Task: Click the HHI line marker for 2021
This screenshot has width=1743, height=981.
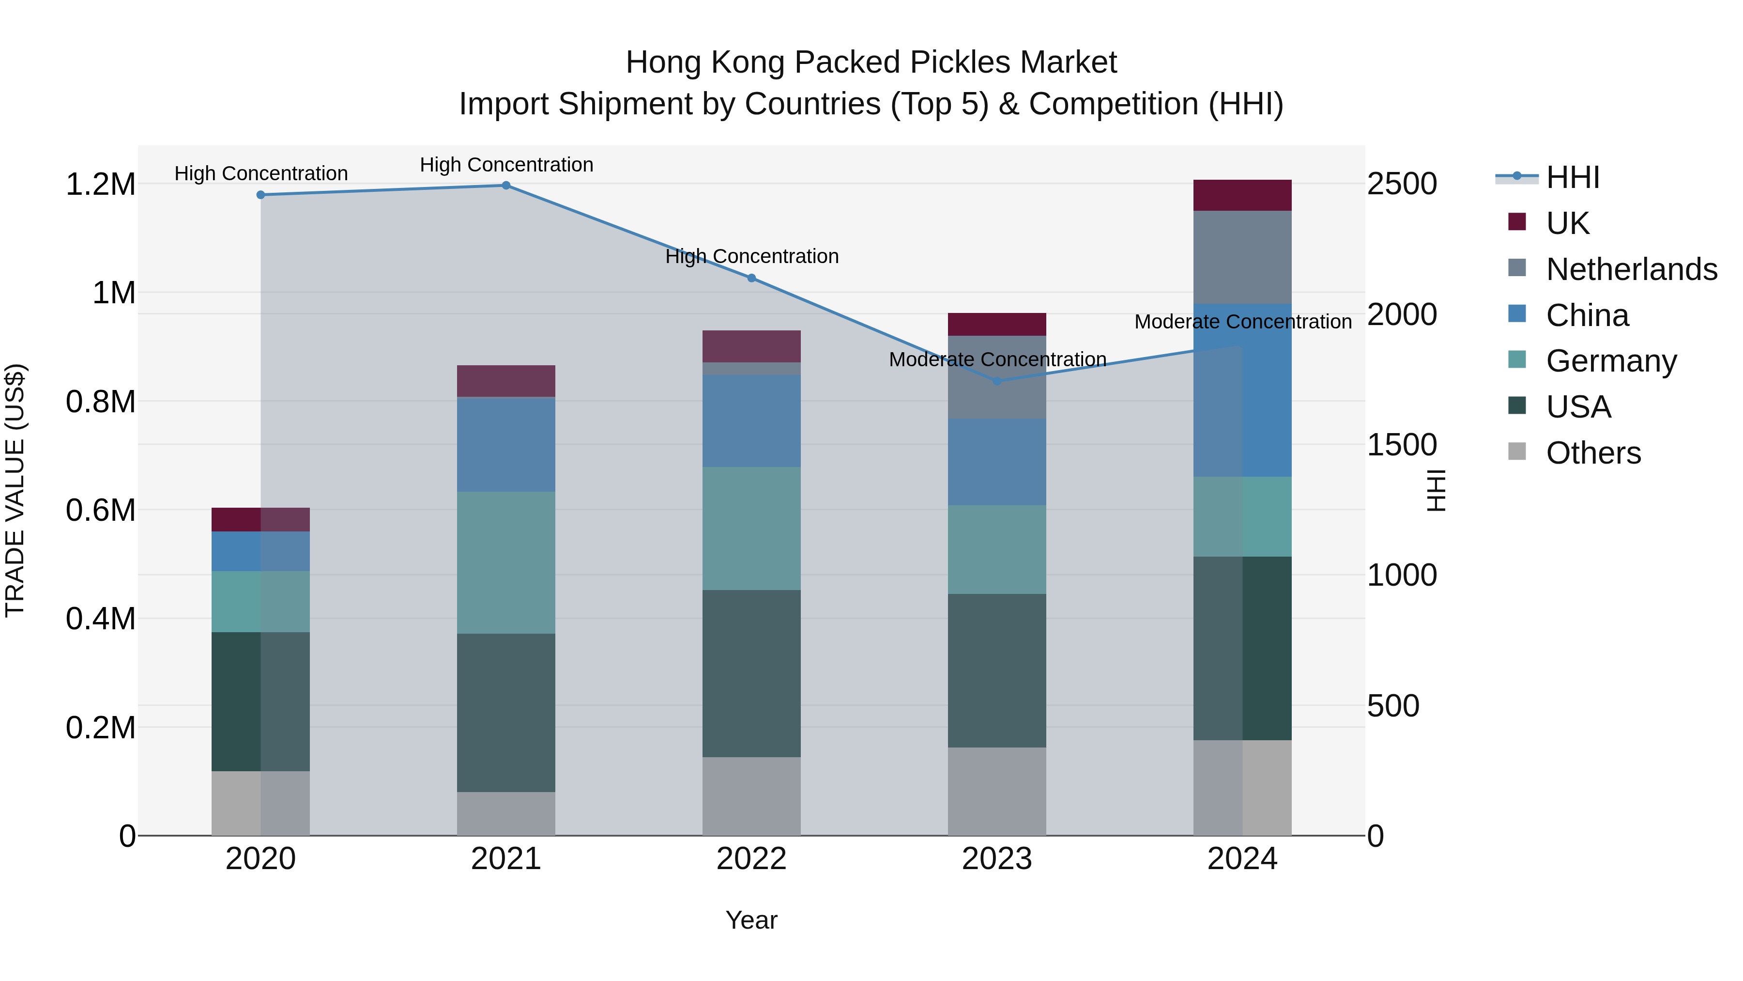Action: (505, 186)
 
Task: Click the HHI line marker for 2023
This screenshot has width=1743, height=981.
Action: (997, 381)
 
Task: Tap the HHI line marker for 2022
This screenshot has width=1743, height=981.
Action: (751, 278)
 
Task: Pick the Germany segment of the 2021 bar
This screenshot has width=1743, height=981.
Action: (505, 562)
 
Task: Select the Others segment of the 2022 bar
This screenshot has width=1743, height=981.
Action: (751, 796)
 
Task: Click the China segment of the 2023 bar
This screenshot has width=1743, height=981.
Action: (997, 462)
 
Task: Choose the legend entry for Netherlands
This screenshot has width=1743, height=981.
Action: (1631, 269)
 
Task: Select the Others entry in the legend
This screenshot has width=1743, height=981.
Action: (1593, 453)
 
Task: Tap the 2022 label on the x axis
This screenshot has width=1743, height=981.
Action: (751, 859)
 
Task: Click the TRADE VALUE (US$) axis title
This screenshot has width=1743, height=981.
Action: (15, 490)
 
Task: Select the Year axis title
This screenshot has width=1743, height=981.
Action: (751, 920)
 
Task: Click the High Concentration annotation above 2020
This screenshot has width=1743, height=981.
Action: (260, 173)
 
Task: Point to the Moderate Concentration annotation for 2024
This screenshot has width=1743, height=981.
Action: (1242, 322)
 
